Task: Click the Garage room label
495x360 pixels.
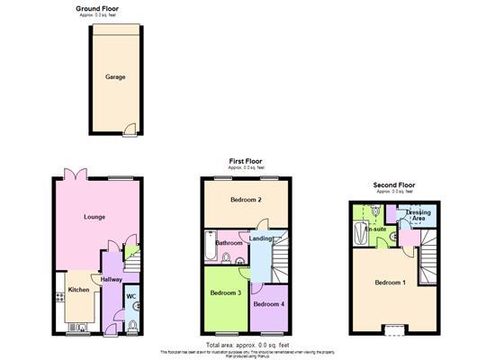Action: (x=114, y=77)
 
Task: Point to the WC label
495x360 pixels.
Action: (x=130, y=297)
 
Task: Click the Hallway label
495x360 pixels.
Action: (x=111, y=280)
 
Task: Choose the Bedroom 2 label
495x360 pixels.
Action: (x=245, y=199)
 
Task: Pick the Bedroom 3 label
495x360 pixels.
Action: (x=225, y=293)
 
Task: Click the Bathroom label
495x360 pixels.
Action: (x=229, y=243)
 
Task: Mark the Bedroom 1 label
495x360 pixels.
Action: (x=391, y=283)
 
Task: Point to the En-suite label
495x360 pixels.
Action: (x=376, y=229)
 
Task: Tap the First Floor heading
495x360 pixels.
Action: (x=246, y=161)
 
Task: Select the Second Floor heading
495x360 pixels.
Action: (x=395, y=185)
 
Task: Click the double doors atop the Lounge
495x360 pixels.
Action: (x=70, y=174)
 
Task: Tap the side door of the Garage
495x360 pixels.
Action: (x=131, y=129)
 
